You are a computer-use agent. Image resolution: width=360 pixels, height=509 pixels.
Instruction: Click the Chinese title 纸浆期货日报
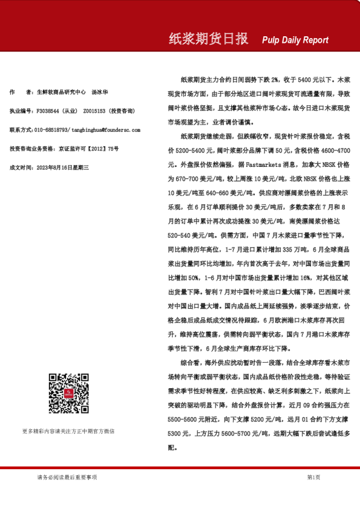pyautogui.click(x=208, y=39)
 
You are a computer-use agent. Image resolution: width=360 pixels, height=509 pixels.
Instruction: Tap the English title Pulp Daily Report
pyautogui.click(x=295, y=41)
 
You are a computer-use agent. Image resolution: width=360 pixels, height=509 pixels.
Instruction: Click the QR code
pyautogui.click(x=68, y=394)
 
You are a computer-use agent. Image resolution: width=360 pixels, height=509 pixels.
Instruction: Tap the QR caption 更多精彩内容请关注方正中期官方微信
pyautogui.click(x=68, y=431)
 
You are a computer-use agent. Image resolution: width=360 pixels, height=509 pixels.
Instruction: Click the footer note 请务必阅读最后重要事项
pyautogui.click(x=67, y=478)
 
